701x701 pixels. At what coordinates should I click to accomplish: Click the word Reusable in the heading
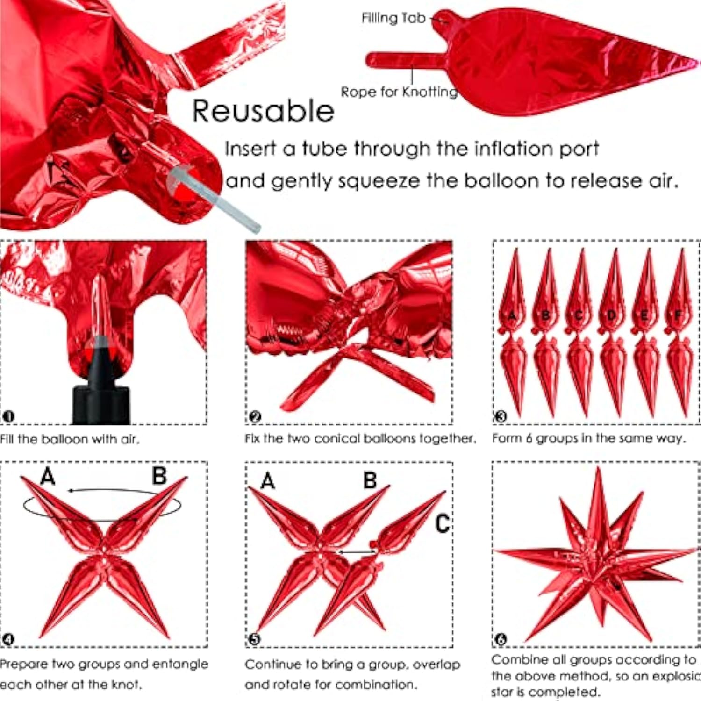(x=263, y=111)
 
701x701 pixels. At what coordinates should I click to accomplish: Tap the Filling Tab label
(x=393, y=18)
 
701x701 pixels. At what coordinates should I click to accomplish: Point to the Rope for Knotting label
(x=399, y=92)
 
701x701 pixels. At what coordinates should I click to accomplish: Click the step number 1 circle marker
(x=8, y=416)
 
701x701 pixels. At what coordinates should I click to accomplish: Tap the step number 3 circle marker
(x=501, y=416)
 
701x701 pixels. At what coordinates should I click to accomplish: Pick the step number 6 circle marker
(x=501, y=639)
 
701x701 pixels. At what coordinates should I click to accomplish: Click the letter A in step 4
(x=48, y=477)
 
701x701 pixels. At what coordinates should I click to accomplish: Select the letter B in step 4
(x=159, y=476)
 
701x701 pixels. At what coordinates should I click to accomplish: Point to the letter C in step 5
(x=442, y=523)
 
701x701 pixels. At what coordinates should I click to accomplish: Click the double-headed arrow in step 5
(x=357, y=552)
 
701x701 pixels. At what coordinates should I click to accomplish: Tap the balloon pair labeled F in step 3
(x=679, y=332)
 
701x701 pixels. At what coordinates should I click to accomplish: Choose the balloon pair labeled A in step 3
(x=513, y=332)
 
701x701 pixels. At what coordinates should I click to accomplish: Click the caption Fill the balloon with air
(x=70, y=439)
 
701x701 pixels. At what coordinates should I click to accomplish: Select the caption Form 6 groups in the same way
(x=589, y=438)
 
